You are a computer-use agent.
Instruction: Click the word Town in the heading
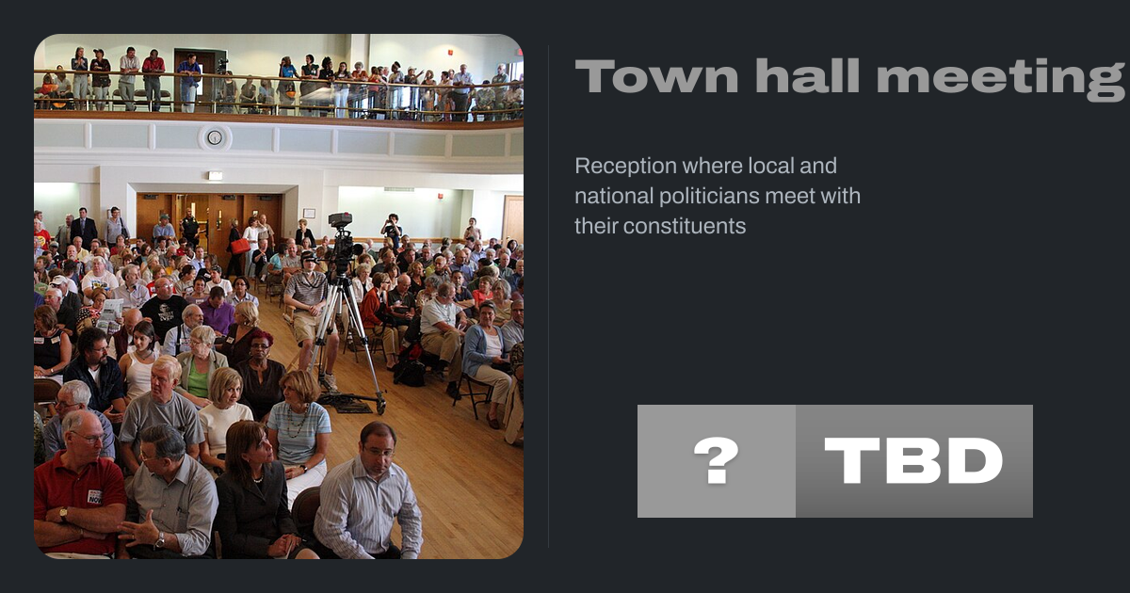657,75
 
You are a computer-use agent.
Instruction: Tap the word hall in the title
807,75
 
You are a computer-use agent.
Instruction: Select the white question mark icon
716,460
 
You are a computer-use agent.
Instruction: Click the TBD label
913,460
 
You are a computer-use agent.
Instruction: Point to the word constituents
660,226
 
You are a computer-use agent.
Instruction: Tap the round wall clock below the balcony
215,137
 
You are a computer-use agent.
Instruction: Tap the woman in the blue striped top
299,428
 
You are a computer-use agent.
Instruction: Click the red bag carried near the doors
240,246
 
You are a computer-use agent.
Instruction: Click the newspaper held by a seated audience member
110,313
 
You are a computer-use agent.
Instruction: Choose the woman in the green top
200,364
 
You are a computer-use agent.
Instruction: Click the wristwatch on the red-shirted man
63,514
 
